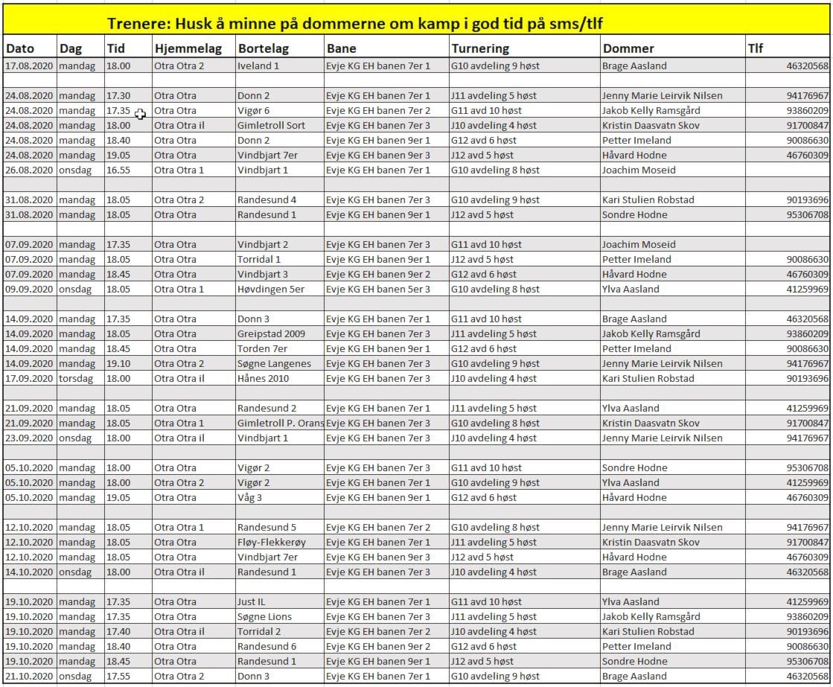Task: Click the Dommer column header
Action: coord(628,48)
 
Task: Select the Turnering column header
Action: coord(480,48)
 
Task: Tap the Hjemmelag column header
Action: coord(188,48)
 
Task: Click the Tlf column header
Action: coord(755,48)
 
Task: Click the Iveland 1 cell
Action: coord(258,65)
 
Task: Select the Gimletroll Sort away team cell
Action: coord(271,125)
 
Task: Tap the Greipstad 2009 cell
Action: coord(271,333)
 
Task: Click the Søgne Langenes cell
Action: coord(274,363)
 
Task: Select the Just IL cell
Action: coord(251,601)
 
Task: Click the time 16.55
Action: coord(118,170)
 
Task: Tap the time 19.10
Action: coord(118,363)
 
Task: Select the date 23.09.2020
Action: coord(30,438)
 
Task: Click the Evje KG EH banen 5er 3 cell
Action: coord(378,289)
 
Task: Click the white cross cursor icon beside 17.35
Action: coord(141,113)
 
